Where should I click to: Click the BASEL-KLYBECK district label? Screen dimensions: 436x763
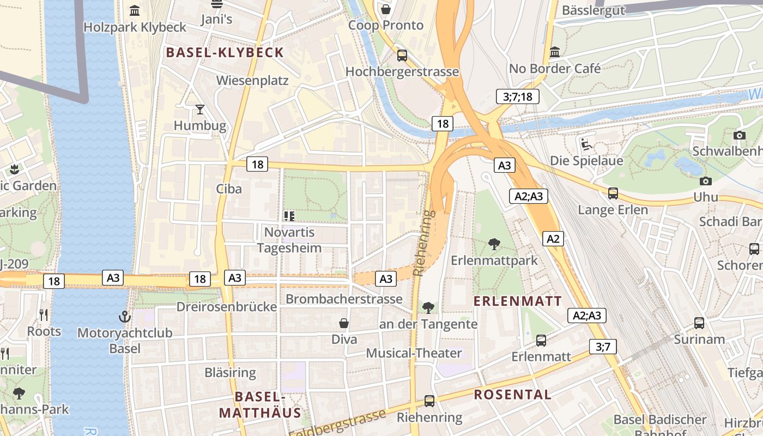point(225,52)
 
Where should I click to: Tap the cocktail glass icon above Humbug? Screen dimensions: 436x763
point(200,110)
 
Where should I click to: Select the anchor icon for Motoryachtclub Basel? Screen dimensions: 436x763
point(125,317)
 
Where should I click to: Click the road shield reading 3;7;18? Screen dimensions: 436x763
point(518,97)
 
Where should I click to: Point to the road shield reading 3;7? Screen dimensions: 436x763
point(603,346)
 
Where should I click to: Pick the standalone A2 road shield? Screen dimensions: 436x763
point(553,238)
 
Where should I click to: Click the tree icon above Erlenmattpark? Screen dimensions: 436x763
point(494,244)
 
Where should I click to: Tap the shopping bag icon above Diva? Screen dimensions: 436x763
point(344,323)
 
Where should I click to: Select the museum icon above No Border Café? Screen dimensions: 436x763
point(555,52)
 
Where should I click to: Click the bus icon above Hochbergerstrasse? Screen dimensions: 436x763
point(402,55)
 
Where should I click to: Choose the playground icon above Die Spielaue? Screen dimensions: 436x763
point(586,144)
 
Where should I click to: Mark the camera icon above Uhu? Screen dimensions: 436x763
point(705,181)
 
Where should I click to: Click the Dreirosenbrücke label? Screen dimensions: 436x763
point(226,307)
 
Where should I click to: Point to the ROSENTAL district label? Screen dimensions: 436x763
point(512,395)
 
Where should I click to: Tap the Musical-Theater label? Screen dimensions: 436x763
point(414,353)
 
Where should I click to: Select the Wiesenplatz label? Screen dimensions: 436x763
point(252,81)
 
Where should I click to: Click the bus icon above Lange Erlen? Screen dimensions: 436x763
point(613,193)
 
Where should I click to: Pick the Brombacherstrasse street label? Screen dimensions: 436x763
point(344,299)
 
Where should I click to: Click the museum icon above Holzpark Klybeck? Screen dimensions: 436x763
point(135,10)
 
